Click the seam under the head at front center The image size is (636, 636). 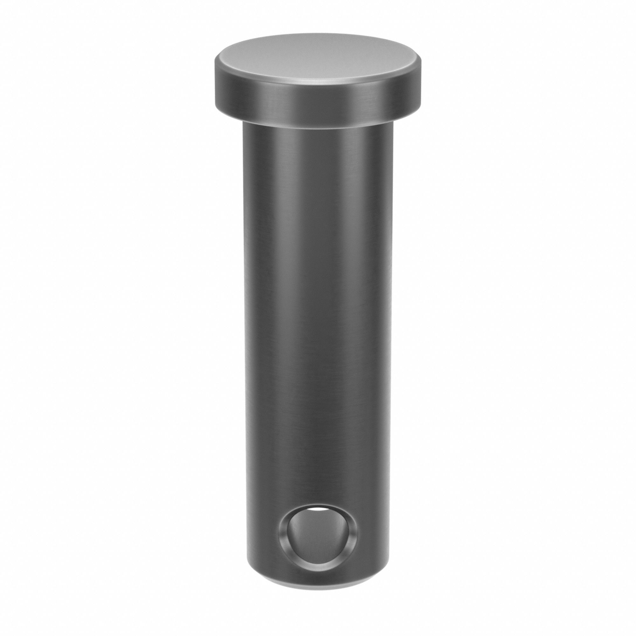[x=318, y=129]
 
